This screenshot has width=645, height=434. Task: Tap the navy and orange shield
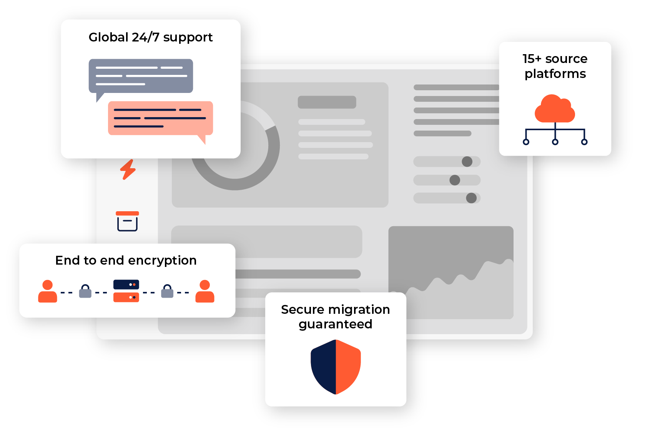pyautogui.click(x=336, y=367)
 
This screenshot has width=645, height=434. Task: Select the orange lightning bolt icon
pyautogui.click(x=128, y=169)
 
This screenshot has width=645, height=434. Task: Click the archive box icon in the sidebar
pyautogui.click(x=127, y=221)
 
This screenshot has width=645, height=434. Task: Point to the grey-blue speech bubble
pyautogui.click(x=141, y=76)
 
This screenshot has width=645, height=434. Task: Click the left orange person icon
pyautogui.click(x=48, y=292)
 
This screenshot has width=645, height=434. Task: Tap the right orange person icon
pyautogui.click(x=205, y=292)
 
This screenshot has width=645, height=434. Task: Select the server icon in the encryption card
pyautogui.click(x=126, y=291)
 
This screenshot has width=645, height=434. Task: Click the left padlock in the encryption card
pyautogui.click(x=85, y=292)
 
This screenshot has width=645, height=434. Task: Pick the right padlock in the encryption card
pyautogui.click(x=167, y=292)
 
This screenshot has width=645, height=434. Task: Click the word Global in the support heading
pyautogui.click(x=108, y=37)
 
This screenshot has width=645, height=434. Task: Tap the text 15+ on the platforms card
pyautogui.click(x=532, y=59)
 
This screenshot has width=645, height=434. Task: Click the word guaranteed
pyautogui.click(x=335, y=325)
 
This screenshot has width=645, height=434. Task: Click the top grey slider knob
pyautogui.click(x=467, y=162)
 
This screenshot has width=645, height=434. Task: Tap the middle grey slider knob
pyautogui.click(x=455, y=180)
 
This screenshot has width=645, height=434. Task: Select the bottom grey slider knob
pyautogui.click(x=471, y=198)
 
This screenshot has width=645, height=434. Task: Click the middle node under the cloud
pyautogui.click(x=555, y=142)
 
